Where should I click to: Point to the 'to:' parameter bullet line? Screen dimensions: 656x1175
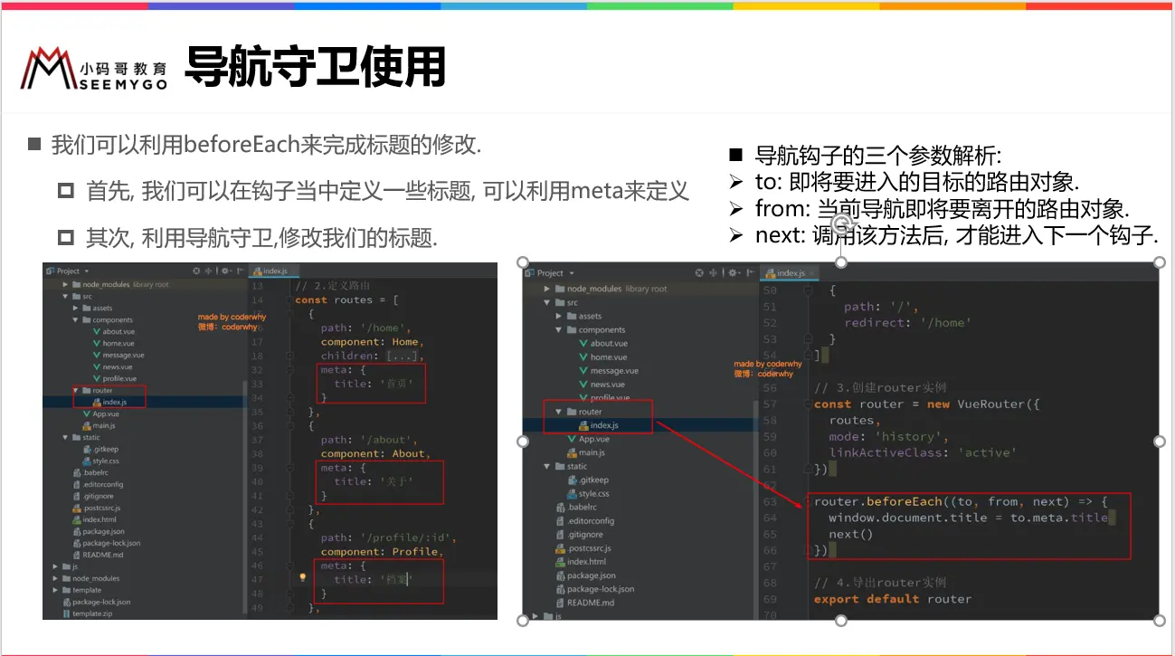click(x=916, y=181)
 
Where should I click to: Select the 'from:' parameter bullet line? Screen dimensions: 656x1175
click(x=941, y=209)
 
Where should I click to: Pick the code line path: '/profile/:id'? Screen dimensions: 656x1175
click(x=388, y=537)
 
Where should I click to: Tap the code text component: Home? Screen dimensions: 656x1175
click(x=371, y=342)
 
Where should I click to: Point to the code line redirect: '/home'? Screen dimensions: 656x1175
click(x=907, y=322)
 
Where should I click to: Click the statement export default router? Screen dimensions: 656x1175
click(x=892, y=599)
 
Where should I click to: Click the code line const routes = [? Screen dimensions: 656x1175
click(x=346, y=299)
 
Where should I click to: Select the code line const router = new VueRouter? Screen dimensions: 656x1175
click(x=926, y=404)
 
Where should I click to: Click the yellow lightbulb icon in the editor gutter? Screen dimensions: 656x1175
click(x=303, y=576)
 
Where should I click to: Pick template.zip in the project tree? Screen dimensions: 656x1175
click(x=94, y=613)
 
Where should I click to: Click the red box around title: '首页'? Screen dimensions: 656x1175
click(x=372, y=384)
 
